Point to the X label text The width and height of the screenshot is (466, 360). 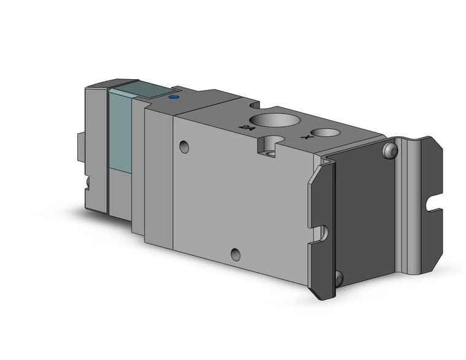click(305, 138)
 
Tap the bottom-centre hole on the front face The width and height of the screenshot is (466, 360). click(235, 253)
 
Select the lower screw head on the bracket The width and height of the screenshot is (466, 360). click(339, 278)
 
